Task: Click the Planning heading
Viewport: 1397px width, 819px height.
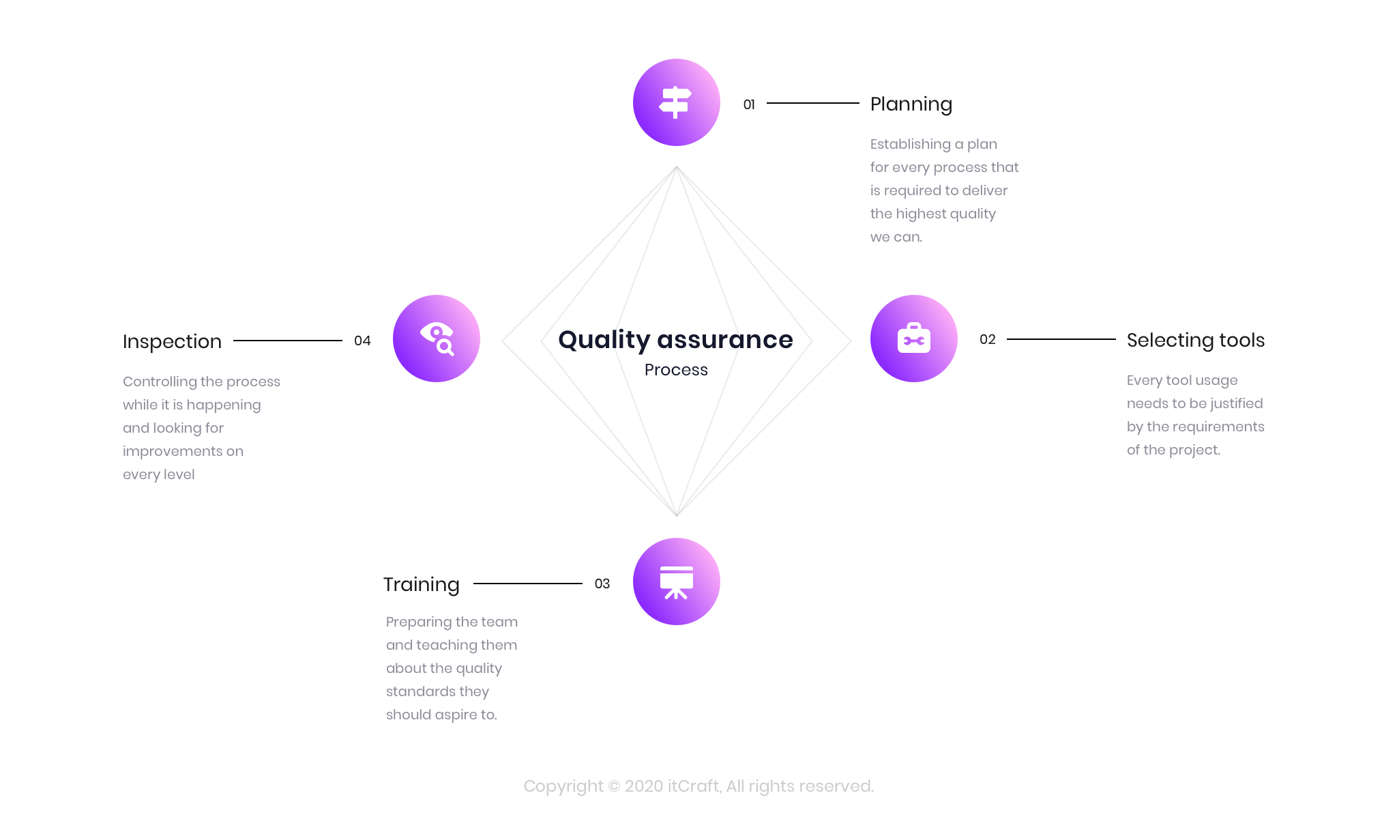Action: pyautogui.click(x=911, y=104)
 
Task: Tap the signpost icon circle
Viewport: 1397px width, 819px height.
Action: pyautogui.click(x=676, y=102)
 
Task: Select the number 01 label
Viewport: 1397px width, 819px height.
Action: pyautogui.click(x=749, y=104)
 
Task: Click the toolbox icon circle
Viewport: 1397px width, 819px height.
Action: pyautogui.click(x=913, y=339)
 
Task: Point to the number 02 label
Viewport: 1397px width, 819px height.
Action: pyautogui.click(x=987, y=339)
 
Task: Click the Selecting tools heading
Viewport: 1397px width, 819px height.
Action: pyautogui.click(x=1195, y=340)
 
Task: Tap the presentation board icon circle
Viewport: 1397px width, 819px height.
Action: pyautogui.click(x=676, y=581)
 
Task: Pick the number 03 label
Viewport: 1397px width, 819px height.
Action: pyautogui.click(x=602, y=584)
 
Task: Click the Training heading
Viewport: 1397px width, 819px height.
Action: pyautogui.click(x=421, y=584)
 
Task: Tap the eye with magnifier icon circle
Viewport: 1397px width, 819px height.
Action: pyautogui.click(x=437, y=339)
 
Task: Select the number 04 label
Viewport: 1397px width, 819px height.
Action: pyautogui.click(x=362, y=341)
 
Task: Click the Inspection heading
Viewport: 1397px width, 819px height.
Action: pyautogui.click(x=172, y=341)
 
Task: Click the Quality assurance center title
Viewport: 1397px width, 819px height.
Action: pyautogui.click(x=675, y=339)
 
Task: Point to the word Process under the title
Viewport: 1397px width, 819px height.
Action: pyautogui.click(x=676, y=370)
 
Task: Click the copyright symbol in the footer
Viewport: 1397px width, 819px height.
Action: pyautogui.click(x=614, y=786)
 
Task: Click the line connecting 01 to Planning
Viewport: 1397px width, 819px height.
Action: pyautogui.click(x=812, y=103)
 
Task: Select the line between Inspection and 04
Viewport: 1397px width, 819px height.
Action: pyautogui.click(x=287, y=341)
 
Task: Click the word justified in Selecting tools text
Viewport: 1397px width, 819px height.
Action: pyautogui.click(x=1236, y=403)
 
